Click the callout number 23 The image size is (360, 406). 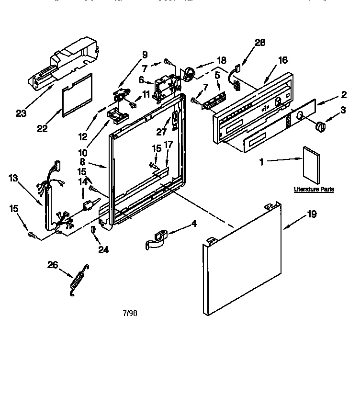click(x=21, y=113)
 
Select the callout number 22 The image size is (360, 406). click(x=42, y=128)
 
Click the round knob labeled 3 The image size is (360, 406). click(x=319, y=126)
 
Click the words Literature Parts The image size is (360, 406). click(x=314, y=189)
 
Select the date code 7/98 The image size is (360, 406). click(x=130, y=314)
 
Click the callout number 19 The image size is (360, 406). click(x=312, y=214)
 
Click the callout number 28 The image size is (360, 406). click(x=259, y=43)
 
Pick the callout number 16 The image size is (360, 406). click(x=283, y=60)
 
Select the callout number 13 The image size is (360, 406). click(x=13, y=179)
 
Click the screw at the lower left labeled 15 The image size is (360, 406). click(x=32, y=234)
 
